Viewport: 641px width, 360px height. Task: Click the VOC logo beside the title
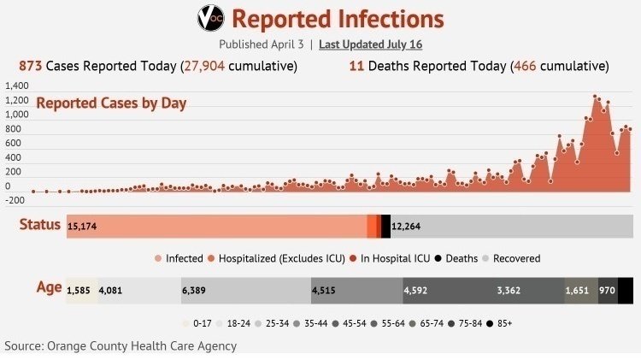coord(210,18)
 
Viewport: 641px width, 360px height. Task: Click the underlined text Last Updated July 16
coord(370,44)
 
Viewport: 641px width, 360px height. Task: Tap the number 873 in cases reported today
coord(30,66)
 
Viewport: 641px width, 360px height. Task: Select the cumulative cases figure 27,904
coord(204,66)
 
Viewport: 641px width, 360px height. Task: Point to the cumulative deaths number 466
coord(525,66)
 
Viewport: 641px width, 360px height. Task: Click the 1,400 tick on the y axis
coord(17,86)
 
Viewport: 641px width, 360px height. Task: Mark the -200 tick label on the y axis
coord(15,200)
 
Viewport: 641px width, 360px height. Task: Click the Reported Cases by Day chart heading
coord(111,103)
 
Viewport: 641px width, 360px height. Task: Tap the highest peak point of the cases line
coord(594,97)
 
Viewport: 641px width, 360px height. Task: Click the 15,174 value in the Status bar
coord(82,227)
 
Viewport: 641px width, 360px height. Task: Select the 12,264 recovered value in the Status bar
coord(406,227)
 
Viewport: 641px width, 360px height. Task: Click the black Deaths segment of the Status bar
coord(385,227)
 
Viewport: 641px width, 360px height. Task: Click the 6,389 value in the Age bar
coord(194,291)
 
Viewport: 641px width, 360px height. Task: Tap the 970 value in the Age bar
coord(607,291)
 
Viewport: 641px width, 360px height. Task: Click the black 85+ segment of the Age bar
coord(626,291)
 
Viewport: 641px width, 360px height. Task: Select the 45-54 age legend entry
coord(350,323)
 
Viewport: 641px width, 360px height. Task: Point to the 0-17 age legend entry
coord(197,323)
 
